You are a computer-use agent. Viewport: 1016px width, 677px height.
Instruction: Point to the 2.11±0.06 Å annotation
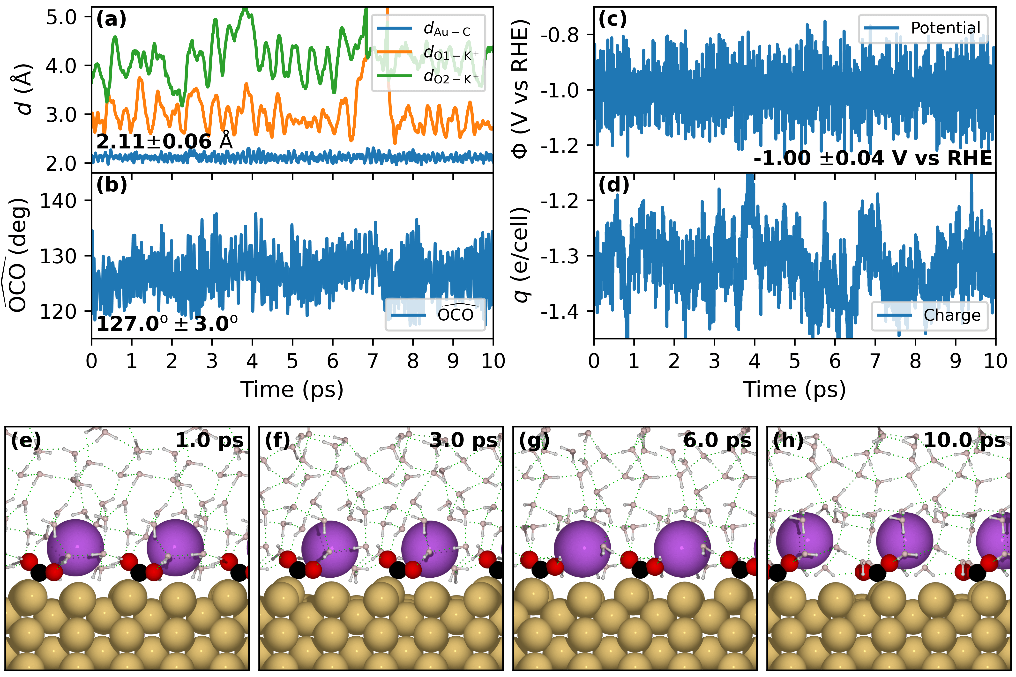click(x=164, y=142)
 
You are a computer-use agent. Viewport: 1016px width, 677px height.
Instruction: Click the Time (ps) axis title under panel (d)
click(x=794, y=390)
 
